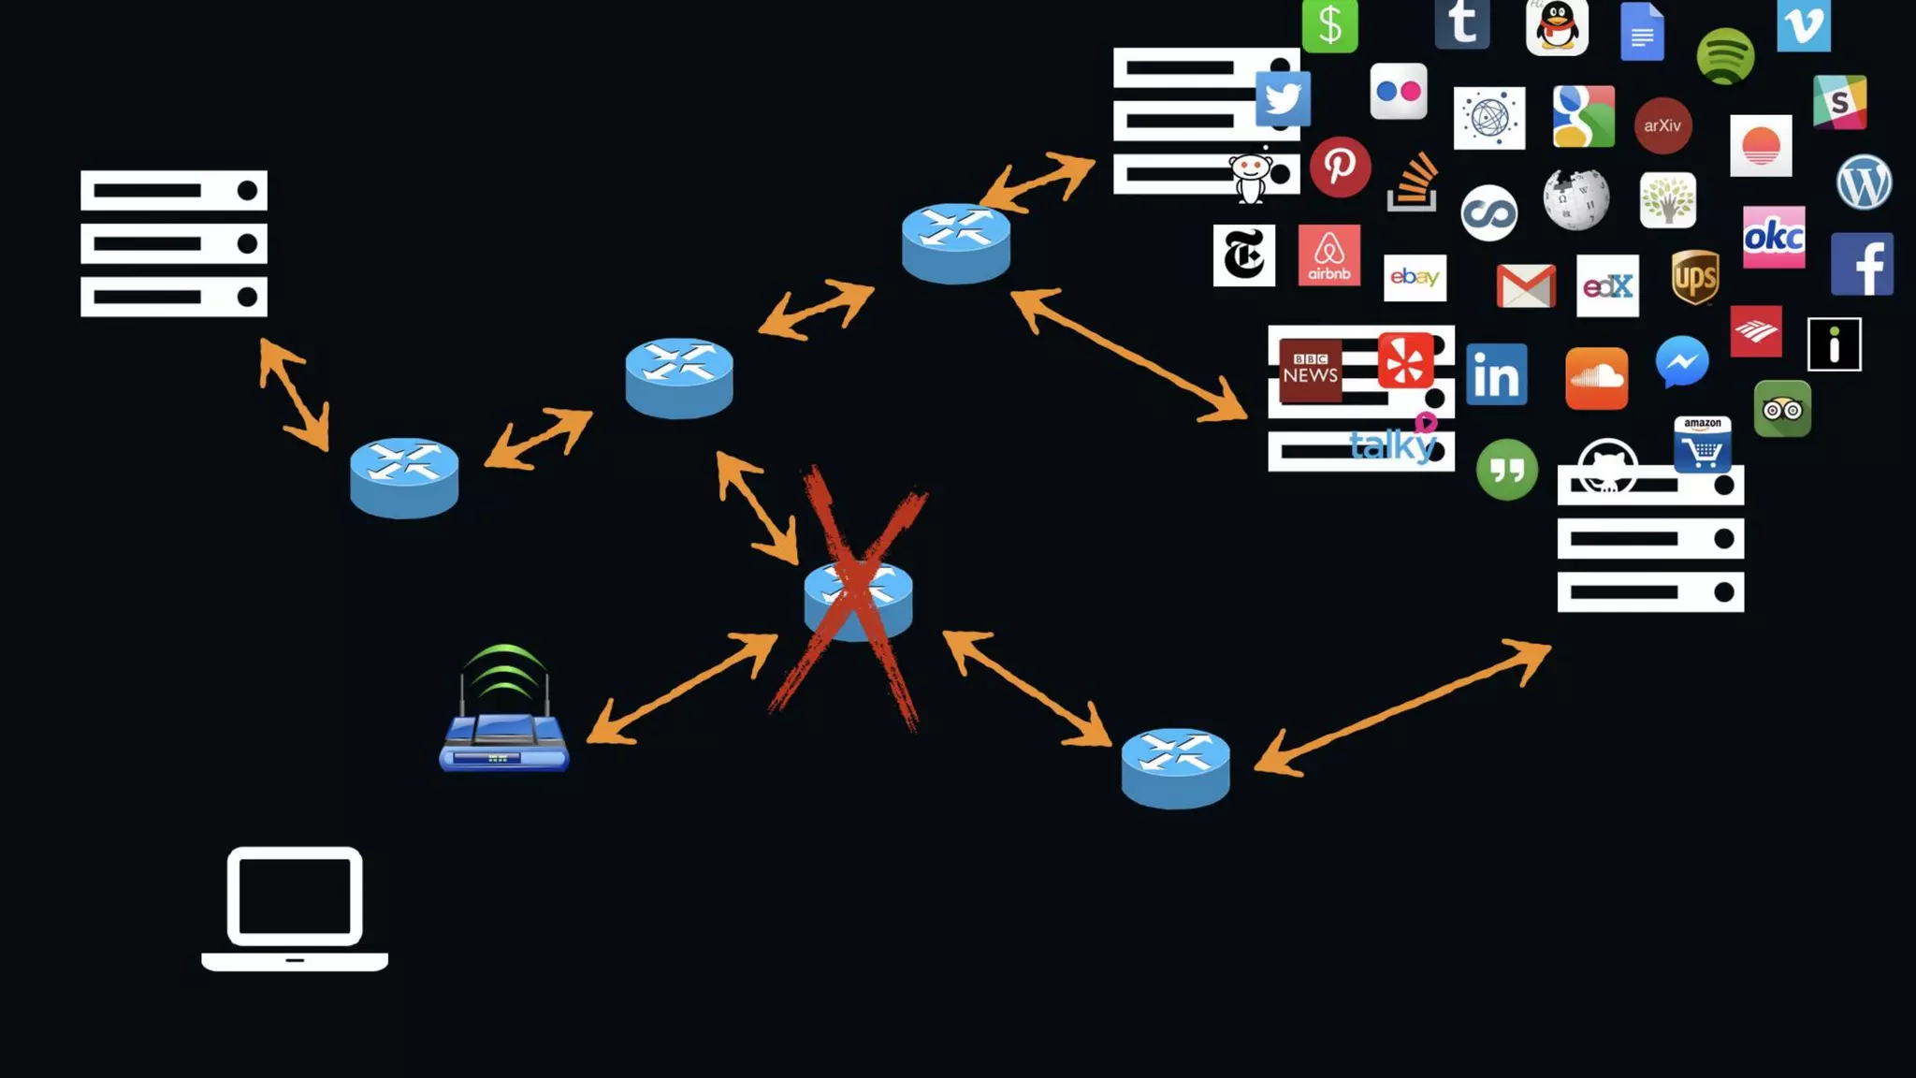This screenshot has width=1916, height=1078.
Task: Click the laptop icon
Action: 295,909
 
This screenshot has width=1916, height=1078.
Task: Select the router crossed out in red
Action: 858,599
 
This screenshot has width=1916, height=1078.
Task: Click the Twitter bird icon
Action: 1283,98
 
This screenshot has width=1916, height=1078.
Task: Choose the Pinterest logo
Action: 1340,168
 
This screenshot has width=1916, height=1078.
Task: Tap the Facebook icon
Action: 1862,265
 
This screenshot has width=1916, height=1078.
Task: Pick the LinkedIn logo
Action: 1497,374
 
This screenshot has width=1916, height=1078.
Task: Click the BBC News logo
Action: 1310,370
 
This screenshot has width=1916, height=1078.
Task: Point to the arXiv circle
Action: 1662,125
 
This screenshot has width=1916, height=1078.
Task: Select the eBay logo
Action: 1415,278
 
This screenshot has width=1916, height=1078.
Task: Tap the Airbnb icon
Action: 1329,255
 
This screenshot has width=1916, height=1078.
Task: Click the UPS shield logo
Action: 1695,277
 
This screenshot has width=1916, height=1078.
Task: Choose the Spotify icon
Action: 1725,56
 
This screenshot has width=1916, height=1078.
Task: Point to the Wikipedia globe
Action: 1576,199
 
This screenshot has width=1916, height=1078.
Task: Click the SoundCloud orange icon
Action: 1596,379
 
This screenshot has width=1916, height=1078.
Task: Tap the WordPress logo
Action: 1864,182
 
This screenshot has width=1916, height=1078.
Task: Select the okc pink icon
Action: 1774,238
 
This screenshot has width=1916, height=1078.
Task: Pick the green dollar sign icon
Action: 1329,25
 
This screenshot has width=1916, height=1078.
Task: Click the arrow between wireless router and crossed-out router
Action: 682,689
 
